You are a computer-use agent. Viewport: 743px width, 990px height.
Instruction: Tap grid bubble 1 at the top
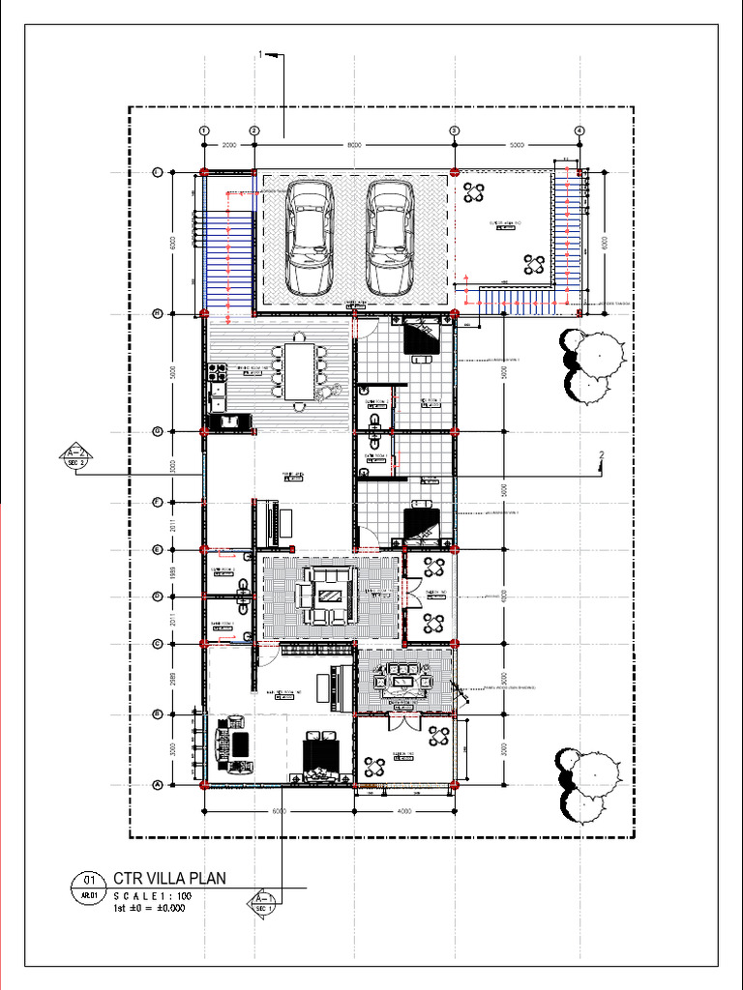click(204, 131)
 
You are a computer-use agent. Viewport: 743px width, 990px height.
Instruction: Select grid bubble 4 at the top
click(579, 131)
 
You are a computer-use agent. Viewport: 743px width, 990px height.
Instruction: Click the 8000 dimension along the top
click(354, 145)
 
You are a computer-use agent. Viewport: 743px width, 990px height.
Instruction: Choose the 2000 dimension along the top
click(229, 145)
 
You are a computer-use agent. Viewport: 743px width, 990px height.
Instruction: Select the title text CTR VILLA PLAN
click(169, 879)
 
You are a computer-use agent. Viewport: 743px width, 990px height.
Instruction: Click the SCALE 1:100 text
click(153, 895)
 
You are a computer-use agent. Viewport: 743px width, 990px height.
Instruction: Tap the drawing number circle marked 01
click(88, 881)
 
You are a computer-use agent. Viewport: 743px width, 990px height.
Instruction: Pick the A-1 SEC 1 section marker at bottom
click(263, 904)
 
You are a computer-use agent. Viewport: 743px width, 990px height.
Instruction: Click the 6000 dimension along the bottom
click(278, 810)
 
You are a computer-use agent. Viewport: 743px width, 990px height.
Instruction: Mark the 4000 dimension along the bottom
click(404, 810)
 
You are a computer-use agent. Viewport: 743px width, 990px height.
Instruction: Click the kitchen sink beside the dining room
click(230, 422)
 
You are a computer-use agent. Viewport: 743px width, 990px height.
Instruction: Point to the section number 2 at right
click(602, 454)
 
